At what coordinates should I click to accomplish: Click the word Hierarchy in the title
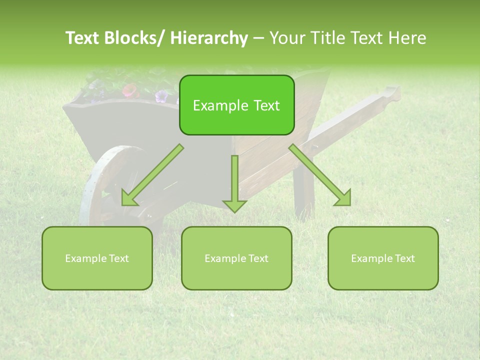209,38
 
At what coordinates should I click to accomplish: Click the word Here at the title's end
407,38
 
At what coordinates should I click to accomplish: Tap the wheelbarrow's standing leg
303,192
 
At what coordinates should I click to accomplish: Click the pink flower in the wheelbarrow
130,90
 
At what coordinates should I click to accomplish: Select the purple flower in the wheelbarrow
161,95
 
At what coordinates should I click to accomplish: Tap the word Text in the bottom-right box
404,258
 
